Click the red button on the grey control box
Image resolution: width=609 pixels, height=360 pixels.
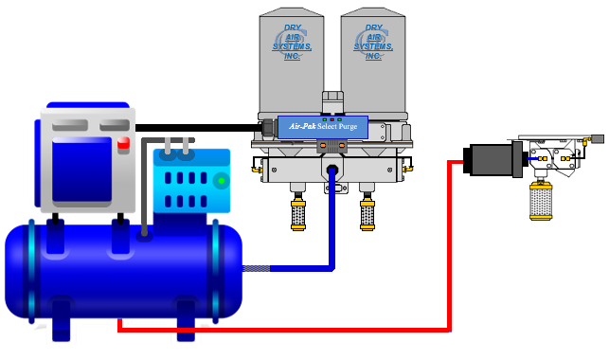(x=123, y=144)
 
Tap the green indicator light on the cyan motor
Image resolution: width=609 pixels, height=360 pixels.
(x=221, y=180)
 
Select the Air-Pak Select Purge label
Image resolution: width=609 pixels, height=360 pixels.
(x=321, y=126)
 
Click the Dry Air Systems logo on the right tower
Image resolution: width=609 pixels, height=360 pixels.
(x=367, y=43)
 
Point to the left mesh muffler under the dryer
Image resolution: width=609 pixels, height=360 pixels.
(x=297, y=214)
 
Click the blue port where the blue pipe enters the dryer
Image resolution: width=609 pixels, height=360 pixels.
(x=333, y=171)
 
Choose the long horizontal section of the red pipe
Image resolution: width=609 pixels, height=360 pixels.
(x=284, y=330)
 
